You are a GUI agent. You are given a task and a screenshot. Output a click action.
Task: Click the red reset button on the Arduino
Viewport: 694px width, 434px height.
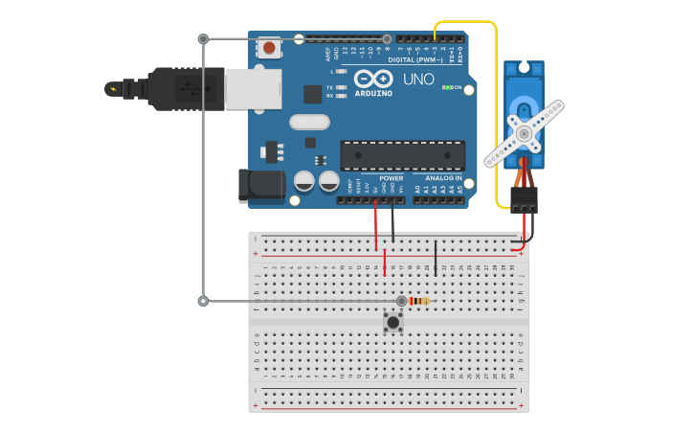click(270, 47)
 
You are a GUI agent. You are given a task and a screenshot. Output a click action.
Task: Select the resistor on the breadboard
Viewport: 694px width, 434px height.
click(419, 301)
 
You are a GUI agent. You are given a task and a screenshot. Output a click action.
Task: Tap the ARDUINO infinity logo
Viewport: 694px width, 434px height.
click(372, 79)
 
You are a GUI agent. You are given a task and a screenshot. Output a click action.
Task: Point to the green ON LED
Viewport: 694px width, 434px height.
click(447, 87)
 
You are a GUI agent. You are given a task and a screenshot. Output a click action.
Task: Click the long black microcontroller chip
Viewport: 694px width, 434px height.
click(402, 155)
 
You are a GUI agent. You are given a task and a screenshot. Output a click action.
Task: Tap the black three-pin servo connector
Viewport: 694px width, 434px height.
click(524, 199)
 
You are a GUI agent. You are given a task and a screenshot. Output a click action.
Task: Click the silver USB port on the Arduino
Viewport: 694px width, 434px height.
click(254, 88)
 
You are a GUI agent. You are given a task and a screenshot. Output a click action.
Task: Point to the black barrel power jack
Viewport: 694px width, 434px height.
click(260, 185)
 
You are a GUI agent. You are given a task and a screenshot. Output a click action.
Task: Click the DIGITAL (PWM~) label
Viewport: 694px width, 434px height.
click(415, 60)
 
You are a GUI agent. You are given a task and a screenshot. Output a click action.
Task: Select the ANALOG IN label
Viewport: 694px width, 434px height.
click(443, 178)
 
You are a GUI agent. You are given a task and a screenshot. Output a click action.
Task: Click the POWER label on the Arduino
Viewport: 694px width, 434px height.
click(391, 178)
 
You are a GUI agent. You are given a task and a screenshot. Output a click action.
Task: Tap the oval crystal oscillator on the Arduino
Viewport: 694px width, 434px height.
click(308, 122)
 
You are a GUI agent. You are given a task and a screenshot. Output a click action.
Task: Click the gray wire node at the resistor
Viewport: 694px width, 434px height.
click(402, 301)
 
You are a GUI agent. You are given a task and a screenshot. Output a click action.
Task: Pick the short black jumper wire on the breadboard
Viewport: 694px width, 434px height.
click(436, 259)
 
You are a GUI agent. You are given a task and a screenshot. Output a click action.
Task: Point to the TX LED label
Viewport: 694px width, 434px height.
click(330, 87)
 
